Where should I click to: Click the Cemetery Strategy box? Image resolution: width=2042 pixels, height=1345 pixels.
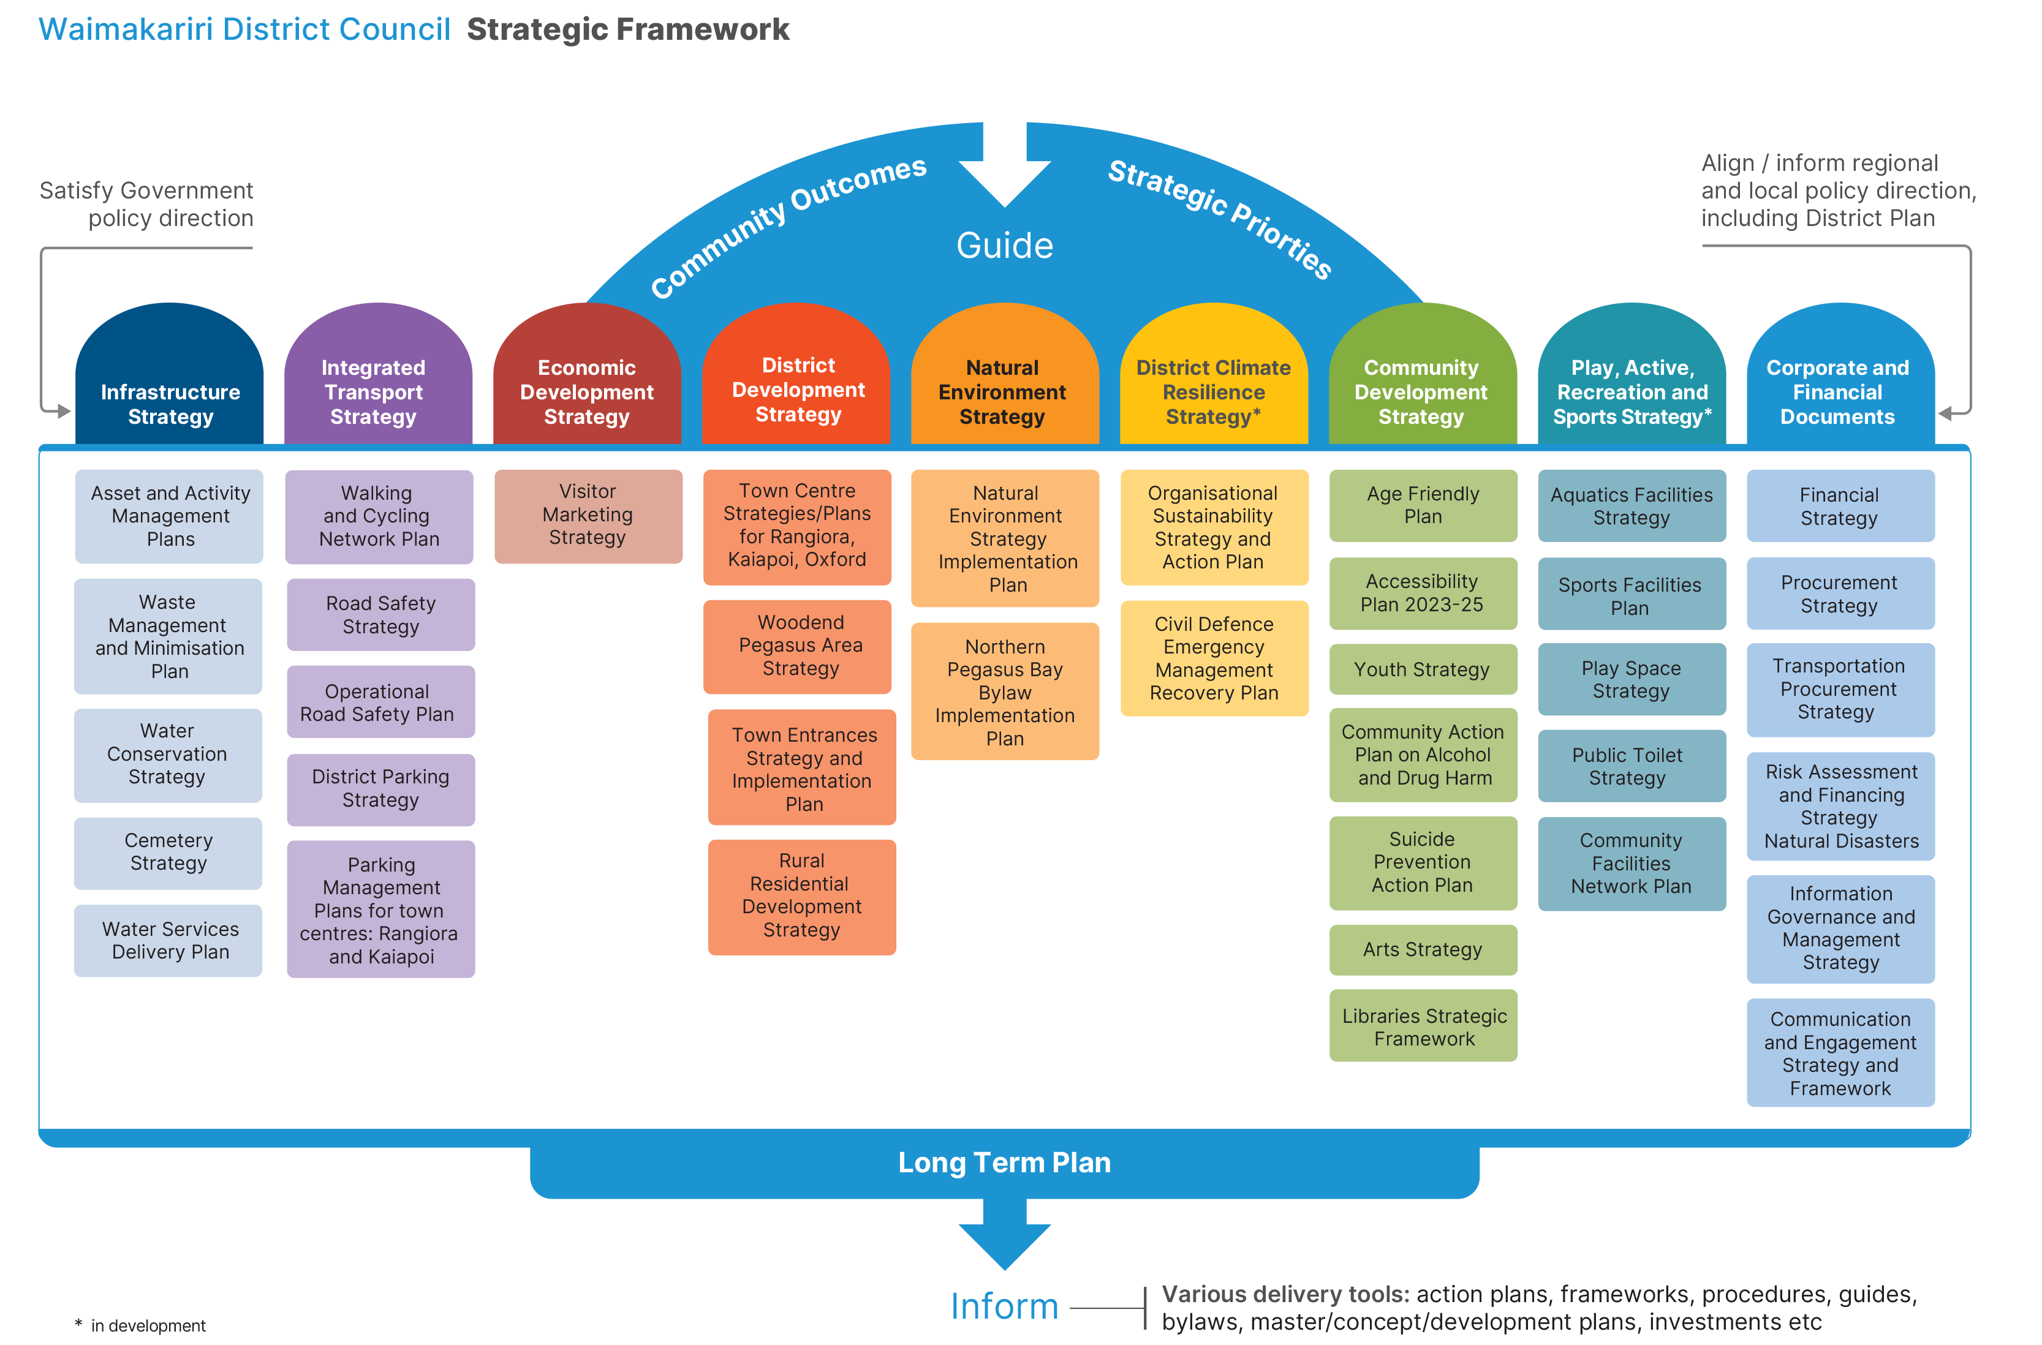tap(168, 853)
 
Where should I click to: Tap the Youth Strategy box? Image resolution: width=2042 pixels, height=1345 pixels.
tap(1423, 670)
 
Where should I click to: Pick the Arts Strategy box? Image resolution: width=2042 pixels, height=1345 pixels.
tap(1423, 949)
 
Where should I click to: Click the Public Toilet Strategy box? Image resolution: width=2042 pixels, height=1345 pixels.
tap(1631, 766)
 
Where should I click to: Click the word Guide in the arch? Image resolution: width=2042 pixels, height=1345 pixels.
tap(1005, 246)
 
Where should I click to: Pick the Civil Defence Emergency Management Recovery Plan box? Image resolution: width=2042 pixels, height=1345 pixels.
tap(1214, 659)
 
